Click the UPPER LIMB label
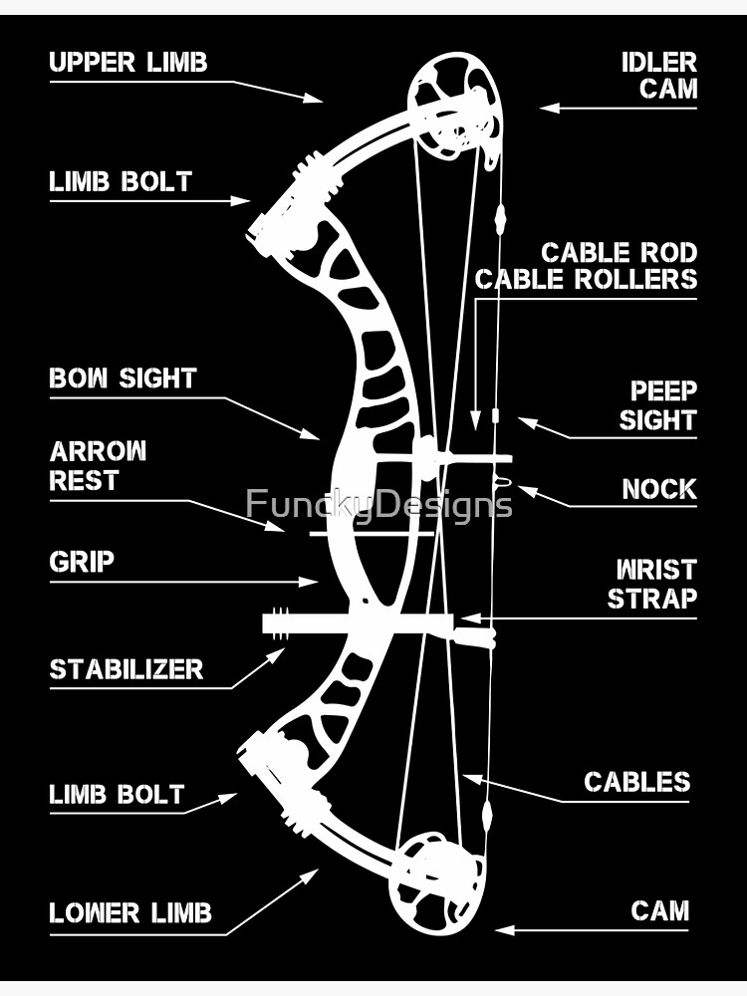tap(128, 62)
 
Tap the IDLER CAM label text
tap(658, 75)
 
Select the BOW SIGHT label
tap(124, 378)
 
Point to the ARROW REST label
tap(98, 465)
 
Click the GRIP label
tap(82, 562)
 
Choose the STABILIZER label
tap(126, 669)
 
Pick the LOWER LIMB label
tap(130, 912)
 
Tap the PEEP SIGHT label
tap(657, 405)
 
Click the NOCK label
tap(658, 489)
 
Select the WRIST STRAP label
tap(652, 584)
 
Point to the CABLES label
tap(636, 782)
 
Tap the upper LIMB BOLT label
tap(121, 182)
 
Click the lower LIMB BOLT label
tap(117, 795)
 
